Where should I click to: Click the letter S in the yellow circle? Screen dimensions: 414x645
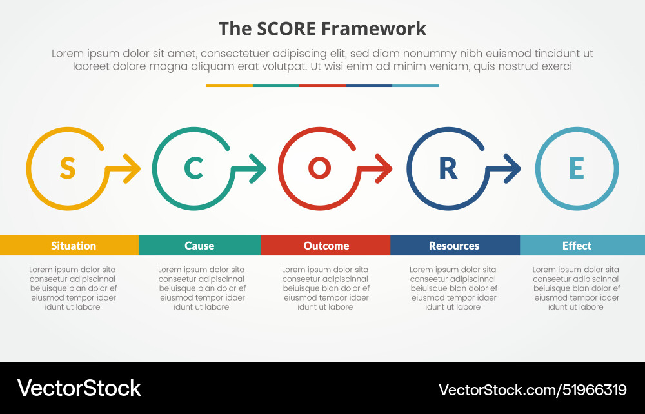point(67,168)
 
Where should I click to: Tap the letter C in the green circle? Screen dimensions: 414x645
point(193,168)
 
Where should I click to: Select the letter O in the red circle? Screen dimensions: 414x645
point(319,168)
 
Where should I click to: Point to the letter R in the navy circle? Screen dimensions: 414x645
point(448,168)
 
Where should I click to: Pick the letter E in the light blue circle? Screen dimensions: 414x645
point(576,168)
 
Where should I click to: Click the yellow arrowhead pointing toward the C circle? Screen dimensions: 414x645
point(134,169)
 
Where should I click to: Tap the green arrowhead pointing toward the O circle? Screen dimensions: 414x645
point(259,169)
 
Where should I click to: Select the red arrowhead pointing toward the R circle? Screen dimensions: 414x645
point(385,169)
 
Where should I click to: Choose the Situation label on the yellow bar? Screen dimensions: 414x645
point(74,246)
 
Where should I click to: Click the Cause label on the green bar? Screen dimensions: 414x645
point(199,246)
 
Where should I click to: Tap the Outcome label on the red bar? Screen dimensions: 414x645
point(326,246)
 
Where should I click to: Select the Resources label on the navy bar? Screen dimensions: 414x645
point(454,246)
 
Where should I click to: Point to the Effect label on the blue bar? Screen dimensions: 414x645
point(577,246)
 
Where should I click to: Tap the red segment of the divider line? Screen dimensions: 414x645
point(322,85)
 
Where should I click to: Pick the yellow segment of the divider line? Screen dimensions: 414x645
point(230,85)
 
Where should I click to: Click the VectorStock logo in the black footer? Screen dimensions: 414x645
point(79,388)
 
